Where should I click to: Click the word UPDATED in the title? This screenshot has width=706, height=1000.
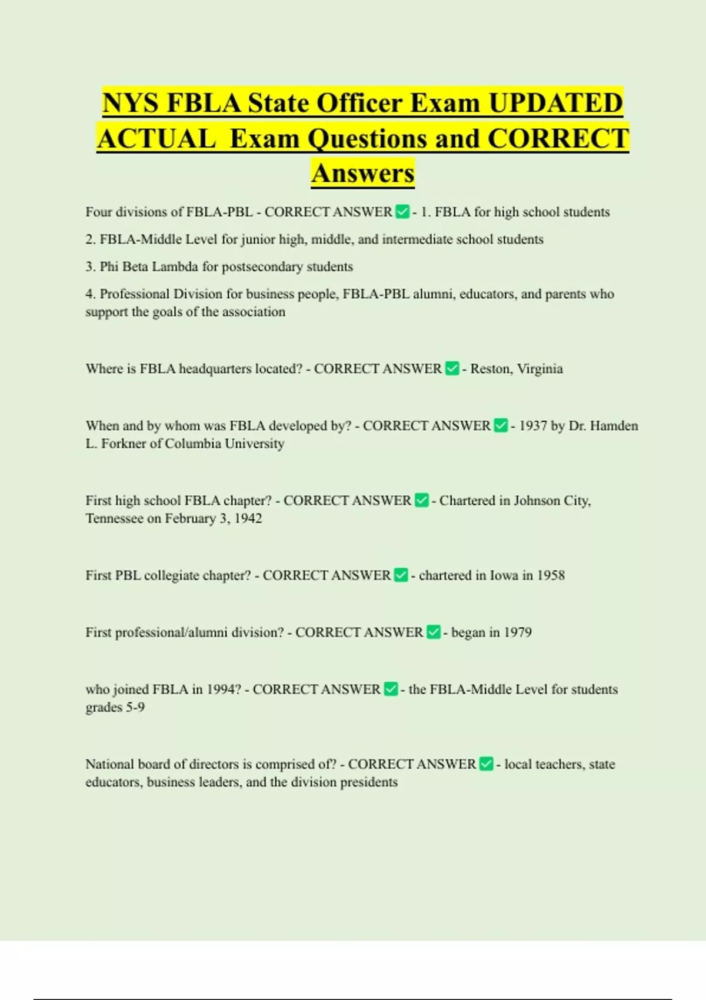(x=555, y=104)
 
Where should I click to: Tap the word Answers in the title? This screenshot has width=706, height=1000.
(x=363, y=174)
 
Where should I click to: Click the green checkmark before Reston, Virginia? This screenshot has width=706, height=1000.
(x=452, y=369)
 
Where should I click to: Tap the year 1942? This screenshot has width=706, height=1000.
(x=248, y=519)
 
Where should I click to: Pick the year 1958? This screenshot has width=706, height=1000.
(x=551, y=575)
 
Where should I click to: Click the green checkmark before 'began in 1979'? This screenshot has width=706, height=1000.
(x=434, y=632)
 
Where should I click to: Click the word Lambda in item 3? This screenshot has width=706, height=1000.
(x=175, y=267)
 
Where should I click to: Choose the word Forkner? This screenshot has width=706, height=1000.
(x=123, y=444)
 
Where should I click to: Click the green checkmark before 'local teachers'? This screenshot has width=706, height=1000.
(x=486, y=764)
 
